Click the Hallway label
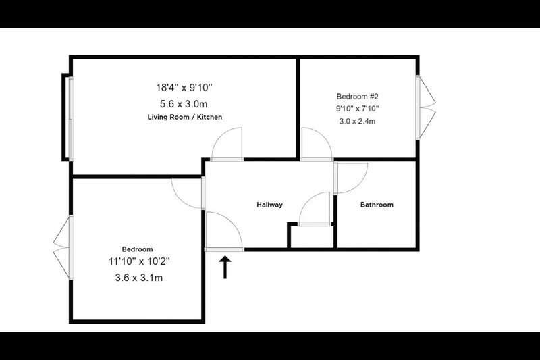[x=269, y=205]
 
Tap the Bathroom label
[x=377, y=205]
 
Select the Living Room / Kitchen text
[x=185, y=117]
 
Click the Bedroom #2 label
[x=358, y=97]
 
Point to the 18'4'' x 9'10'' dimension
[x=184, y=88]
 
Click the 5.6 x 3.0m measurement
[x=184, y=104]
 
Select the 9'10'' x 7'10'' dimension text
[x=358, y=109]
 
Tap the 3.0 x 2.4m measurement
[x=358, y=122]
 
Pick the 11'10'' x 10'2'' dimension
[x=140, y=262]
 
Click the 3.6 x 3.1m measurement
[x=139, y=278]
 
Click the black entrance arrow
[x=225, y=267]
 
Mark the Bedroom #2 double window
[x=426, y=107]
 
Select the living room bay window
[x=67, y=118]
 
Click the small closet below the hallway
[x=312, y=236]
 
